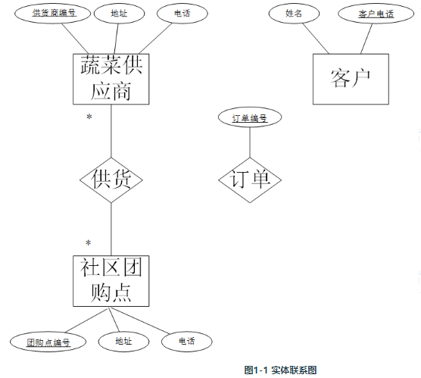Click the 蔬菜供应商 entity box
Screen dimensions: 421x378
(111, 79)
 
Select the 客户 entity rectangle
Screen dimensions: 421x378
(351, 79)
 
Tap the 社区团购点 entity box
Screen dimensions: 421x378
(111, 281)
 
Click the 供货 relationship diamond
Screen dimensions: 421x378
(111, 180)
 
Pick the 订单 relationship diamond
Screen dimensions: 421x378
(250, 180)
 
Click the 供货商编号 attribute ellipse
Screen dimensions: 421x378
(53, 13)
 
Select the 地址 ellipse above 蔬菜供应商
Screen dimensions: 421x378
(119, 13)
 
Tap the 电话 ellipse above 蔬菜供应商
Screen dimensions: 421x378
(182, 13)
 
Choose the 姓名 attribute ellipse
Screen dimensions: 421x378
(294, 13)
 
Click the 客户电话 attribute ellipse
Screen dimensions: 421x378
(376, 13)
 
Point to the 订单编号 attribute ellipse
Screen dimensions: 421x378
(250, 117)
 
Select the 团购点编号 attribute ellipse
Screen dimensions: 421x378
(48, 342)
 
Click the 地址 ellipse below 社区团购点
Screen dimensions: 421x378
(123, 342)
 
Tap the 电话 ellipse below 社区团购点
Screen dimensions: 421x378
(186, 342)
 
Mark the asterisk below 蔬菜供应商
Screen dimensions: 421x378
(89, 117)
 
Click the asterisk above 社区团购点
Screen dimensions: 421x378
(89, 243)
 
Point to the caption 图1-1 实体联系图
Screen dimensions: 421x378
(281, 370)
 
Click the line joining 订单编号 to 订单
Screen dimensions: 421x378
(250, 142)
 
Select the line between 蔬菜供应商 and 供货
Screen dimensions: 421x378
(111, 131)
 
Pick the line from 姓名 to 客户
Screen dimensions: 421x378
(316, 39)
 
